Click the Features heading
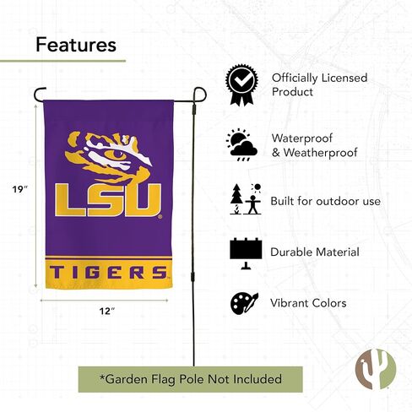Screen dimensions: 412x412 [x=76, y=45]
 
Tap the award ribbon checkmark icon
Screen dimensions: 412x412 [x=241, y=85]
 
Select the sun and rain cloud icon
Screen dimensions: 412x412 [x=241, y=145]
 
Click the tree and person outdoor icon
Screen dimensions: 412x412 [x=246, y=199]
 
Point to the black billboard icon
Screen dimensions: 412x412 [x=246, y=253]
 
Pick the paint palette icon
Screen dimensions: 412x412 [x=244, y=303]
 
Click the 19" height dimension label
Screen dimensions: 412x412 [x=20, y=189]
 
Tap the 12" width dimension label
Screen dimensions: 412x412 [x=107, y=311]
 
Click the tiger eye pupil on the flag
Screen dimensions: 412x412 [x=118, y=154]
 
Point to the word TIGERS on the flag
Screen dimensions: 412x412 [x=108, y=273]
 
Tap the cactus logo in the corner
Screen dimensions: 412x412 [x=376, y=369]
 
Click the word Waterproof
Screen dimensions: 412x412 [x=302, y=138]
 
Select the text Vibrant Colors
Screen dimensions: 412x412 [x=308, y=303]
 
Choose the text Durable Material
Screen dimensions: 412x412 [x=315, y=252]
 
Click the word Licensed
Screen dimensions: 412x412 [x=344, y=78]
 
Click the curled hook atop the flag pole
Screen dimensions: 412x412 [x=200, y=94]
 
